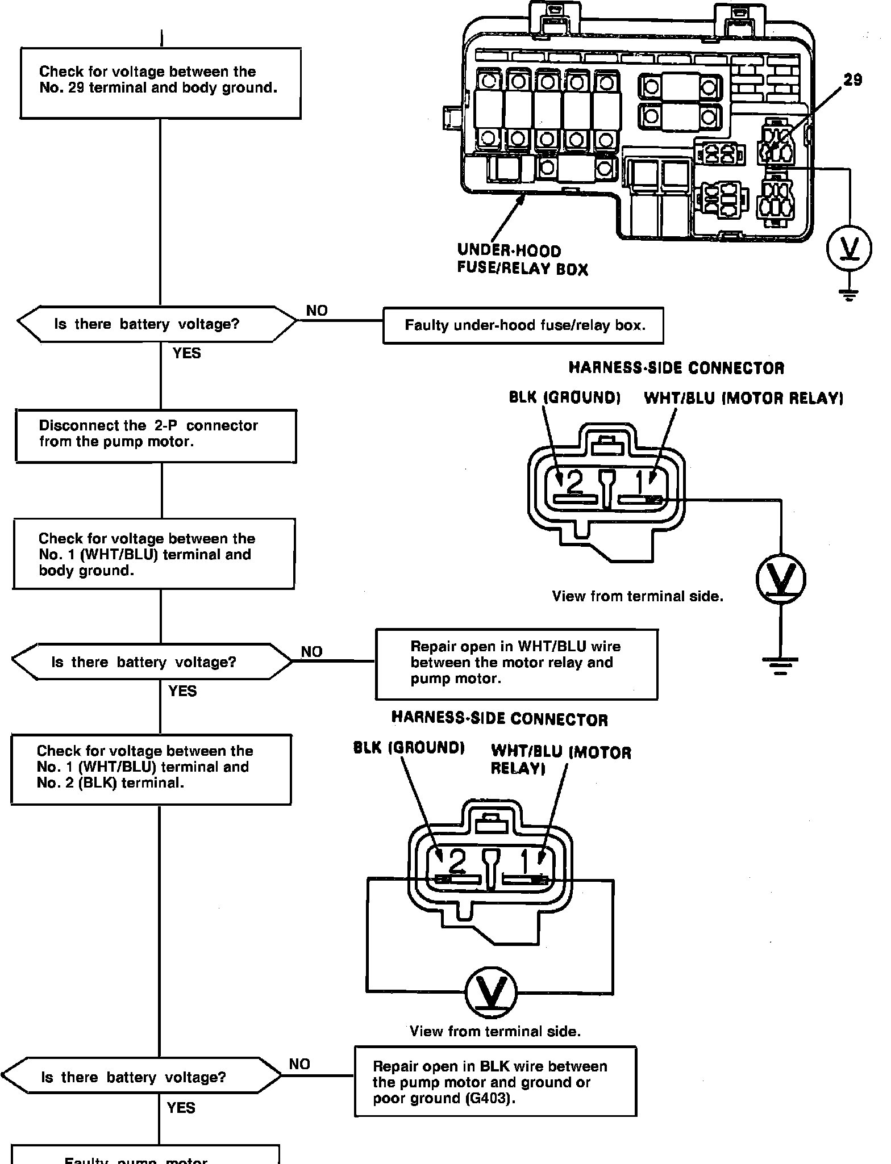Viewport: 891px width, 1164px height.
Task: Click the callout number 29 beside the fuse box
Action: pyautogui.click(x=852, y=80)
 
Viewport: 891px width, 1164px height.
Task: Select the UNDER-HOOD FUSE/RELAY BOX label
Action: pyautogui.click(x=522, y=259)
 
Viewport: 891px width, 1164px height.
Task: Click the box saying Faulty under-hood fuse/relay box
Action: pyautogui.click(x=523, y=326)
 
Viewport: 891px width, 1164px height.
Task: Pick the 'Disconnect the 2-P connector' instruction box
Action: pyautogui.click(x=156, y=436)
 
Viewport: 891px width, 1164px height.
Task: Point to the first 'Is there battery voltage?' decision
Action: pyautogui.click(x=157, y=324)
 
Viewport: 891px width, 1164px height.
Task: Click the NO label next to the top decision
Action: pyautogui.click(x=317, y=311)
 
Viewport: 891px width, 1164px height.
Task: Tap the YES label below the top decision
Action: pyautogui.click(x=186, y=353)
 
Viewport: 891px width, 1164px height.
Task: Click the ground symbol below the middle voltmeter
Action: pyautogui.click(x=780, y=663)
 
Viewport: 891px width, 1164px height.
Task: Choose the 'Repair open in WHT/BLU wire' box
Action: pyautogui.click(x=516, y=663)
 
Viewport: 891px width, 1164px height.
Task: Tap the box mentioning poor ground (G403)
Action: pyautogui.click(x=495, y=1082)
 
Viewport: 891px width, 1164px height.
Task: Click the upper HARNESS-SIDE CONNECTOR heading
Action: pyautogui.click(x=676, y=368)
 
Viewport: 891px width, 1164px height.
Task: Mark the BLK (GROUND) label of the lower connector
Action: pyautogui.click(x=409, y=747)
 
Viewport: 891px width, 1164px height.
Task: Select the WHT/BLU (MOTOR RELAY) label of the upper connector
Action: pyautogui.click(x=743, y=398)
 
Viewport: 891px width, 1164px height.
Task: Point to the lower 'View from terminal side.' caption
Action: pyautogui.click(x=495, y=1031)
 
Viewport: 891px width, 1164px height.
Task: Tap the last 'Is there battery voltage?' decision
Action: pyautogui.click(x=142, y=1077)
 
